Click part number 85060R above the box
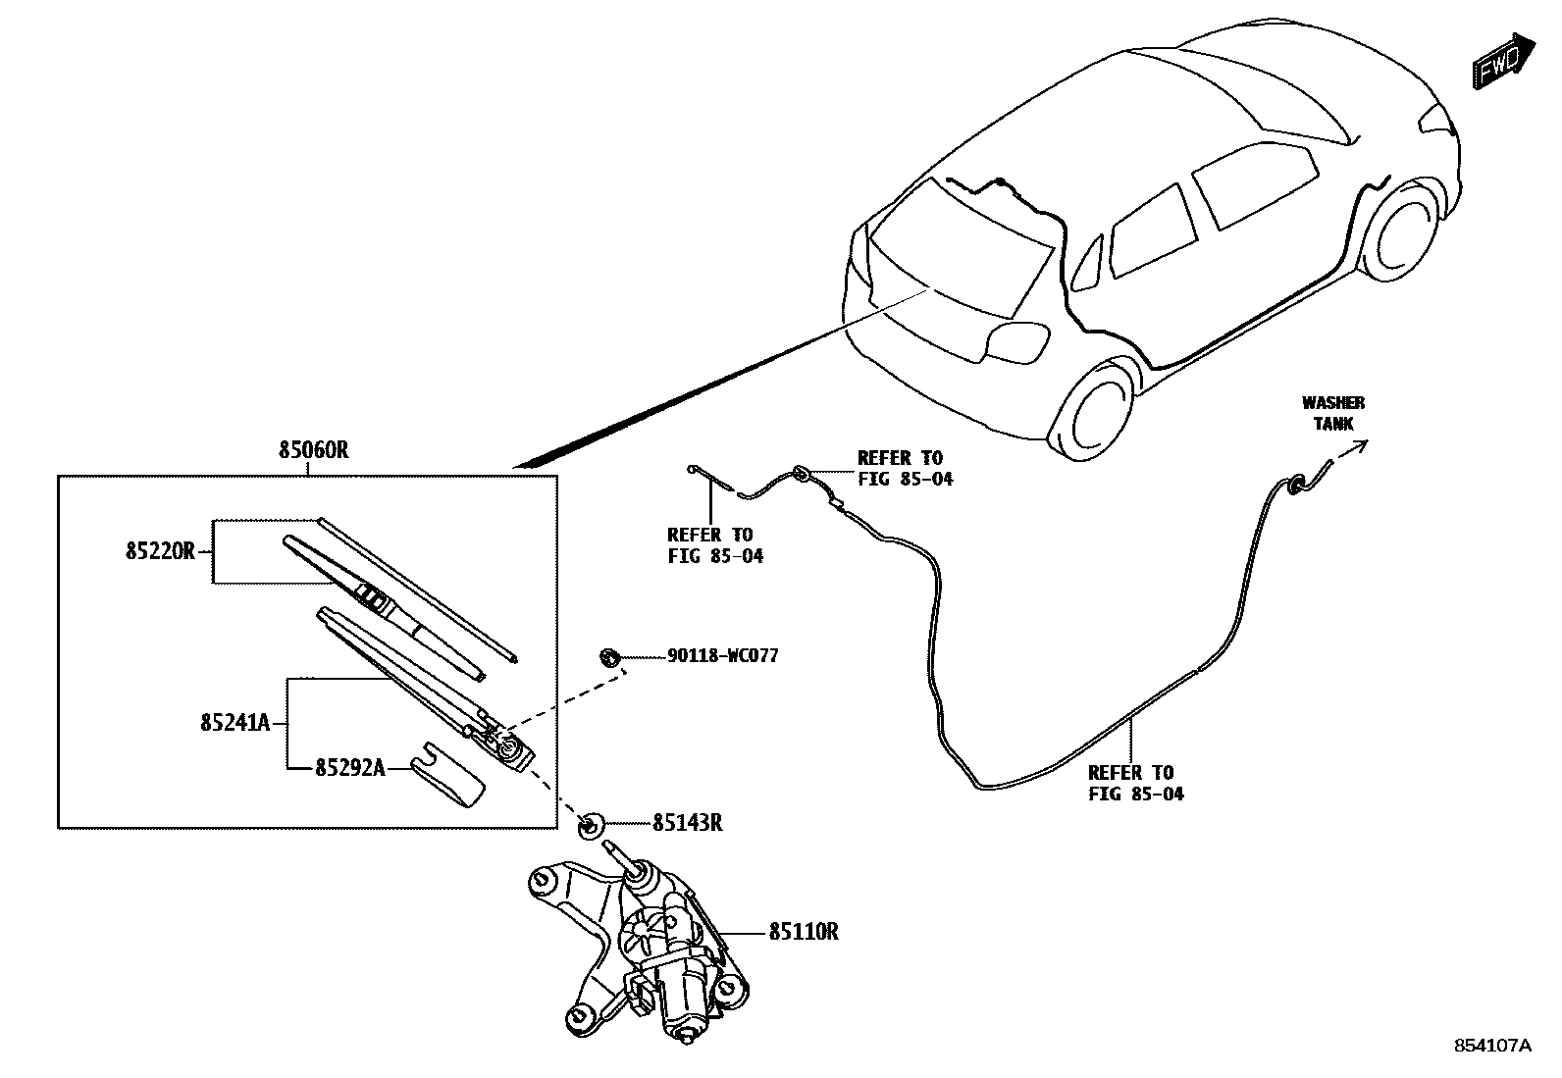(314, 451)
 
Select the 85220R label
(160, 551)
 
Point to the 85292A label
(349, 768)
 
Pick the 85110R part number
(803, 931)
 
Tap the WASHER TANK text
(1332, 413)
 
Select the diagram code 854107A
(1491, 1046)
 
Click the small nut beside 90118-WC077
(608, 655)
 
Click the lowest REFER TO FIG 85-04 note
(1135, 783)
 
